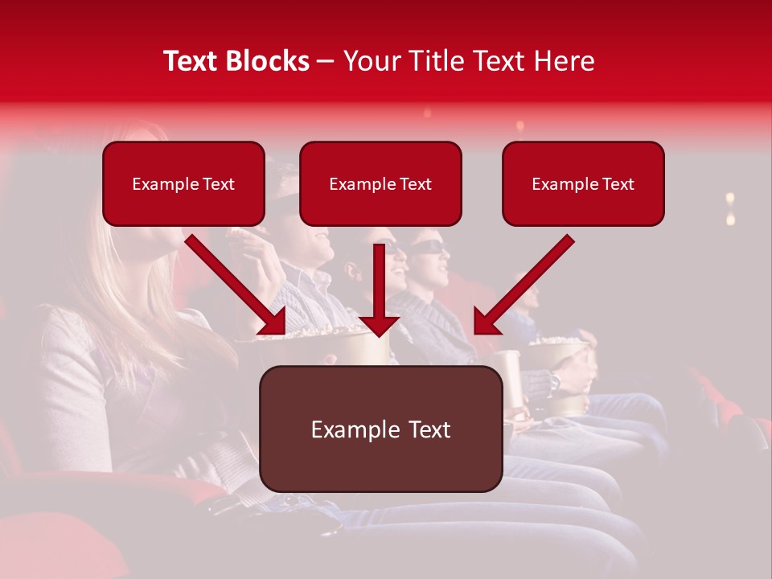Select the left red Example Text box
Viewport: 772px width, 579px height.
[x=183, y=184]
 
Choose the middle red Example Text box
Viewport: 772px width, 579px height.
[x=380, y=184]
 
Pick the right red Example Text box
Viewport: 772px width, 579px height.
[x=583, y=184]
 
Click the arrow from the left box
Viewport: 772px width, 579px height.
[x=238, y=285]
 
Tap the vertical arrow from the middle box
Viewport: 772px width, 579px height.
[x=379, y=289]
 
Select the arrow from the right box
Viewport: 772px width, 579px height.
[x=523, y=285]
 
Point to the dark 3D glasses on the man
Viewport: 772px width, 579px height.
[x=429, y=246]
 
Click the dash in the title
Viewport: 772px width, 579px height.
[x=326, y=61]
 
